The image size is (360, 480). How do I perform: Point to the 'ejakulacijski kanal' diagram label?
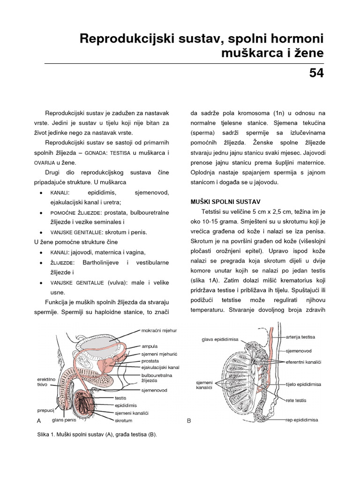point(160,367)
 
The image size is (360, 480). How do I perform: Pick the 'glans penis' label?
point(64,420)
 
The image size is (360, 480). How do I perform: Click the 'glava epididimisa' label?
point(220,339)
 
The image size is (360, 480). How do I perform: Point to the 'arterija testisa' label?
point(300,337)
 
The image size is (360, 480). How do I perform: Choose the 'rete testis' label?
point(296,400)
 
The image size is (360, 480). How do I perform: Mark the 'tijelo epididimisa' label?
point(303,384)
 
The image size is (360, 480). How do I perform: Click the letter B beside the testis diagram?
point(189,420)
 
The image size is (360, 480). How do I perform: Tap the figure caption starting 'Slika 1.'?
point(97,435)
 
